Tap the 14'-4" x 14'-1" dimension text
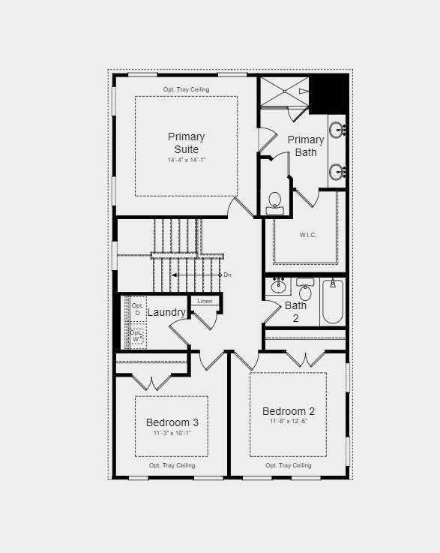pos(186,160)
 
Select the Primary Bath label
pos(306,146)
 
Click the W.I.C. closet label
pos(308,235)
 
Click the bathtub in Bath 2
pos(332,301)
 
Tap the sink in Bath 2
pos(279,286)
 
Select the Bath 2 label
pos(295,311)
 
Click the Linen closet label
pos(205,301)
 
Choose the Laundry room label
pos(166,312)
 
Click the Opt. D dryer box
pos(137,309)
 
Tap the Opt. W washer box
pos(136,336)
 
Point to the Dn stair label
pos(227,275)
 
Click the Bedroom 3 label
pos(172,422)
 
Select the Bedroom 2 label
pos(288,411)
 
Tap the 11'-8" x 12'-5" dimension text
pos(288,422)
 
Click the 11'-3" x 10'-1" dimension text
pos(172,433)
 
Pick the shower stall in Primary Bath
pos(284,92)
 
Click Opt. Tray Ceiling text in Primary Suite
pos(186,89)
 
